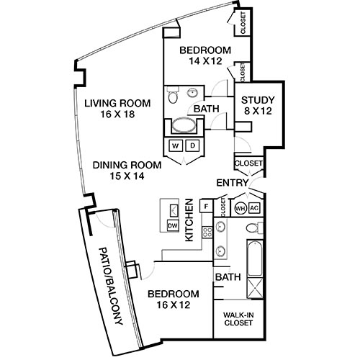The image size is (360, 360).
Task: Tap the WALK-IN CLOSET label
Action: [x=237, y=318]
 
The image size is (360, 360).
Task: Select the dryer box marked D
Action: [x=192, y=146]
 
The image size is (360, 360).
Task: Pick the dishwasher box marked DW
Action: [x=173, y=225]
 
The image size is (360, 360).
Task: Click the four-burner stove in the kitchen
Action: [x=207, y=232]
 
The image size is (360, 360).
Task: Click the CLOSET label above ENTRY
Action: [x=248, y=163]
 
